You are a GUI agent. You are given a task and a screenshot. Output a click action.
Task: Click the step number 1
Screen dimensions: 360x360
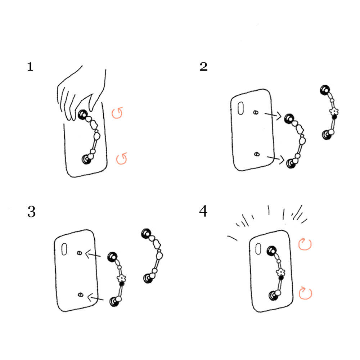[30, 67]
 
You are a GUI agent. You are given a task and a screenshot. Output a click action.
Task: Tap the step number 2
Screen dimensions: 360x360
[203, 67]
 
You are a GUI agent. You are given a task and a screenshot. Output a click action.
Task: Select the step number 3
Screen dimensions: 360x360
[31, 211]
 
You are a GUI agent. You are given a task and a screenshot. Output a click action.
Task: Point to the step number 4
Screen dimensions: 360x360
[203, 211]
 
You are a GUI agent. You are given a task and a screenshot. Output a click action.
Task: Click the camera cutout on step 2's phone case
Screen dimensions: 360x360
[240, 108]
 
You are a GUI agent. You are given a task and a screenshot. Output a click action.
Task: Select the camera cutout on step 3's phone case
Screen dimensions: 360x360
[64, 249]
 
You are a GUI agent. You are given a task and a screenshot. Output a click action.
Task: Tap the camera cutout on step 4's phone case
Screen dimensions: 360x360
[258, 249]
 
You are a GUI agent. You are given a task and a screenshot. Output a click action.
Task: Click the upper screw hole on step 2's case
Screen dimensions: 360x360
[256, 112]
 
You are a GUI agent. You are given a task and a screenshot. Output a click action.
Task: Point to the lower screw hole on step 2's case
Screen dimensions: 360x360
[257, 154]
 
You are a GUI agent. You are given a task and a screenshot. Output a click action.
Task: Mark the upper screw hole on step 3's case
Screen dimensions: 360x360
[80, 253]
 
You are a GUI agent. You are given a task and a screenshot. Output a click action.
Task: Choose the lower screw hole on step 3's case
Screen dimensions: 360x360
[80, 294]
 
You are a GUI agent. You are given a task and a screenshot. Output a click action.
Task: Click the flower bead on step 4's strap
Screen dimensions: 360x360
[280, 273]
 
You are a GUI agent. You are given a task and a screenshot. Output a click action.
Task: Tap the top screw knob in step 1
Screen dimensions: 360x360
[83, 114]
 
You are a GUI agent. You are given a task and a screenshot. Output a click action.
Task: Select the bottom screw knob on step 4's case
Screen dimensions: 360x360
[273, 296]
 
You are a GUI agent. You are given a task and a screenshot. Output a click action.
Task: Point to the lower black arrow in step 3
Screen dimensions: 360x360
[95, 298]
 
